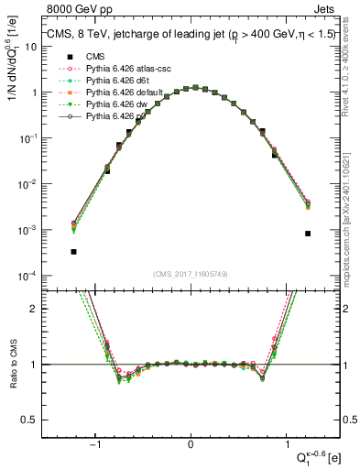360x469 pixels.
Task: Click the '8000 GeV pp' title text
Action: [75, 8]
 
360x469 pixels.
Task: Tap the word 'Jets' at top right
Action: [323, 8]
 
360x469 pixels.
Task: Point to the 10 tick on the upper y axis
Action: [33, 47]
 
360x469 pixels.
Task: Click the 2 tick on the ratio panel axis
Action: [35, 309]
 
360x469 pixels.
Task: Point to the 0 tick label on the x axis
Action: [191, 444]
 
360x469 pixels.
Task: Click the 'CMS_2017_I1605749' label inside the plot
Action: [191, 274]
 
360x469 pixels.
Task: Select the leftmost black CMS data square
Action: [73, 251]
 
